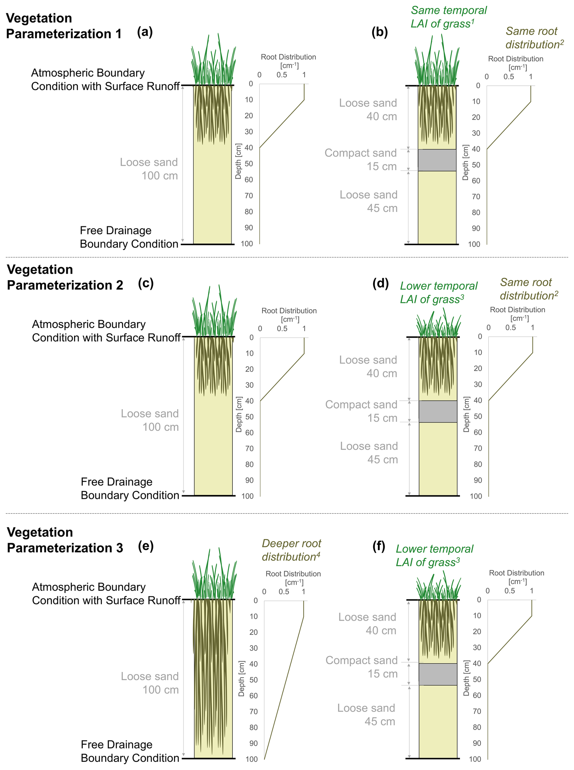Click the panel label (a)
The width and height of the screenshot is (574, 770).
tap(144, 32)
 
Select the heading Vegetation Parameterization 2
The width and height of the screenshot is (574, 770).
tap(65, 277)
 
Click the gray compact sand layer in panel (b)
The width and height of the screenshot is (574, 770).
tap(437, 160)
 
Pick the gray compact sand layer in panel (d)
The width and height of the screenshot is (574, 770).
tap(437, 411)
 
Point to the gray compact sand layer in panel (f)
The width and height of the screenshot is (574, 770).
tap(437, 674)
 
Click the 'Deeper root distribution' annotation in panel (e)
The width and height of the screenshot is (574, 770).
tap(291, 550)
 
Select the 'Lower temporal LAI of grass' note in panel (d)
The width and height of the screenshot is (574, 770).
tap(438, 292)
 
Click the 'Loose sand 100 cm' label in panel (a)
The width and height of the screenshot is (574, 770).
tap(149, 169)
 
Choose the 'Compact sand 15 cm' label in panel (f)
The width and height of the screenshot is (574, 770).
tap(361, 667)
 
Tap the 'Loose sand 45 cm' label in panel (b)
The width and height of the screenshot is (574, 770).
tap(369, 201)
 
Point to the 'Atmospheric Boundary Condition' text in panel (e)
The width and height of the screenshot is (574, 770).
tap(106, 593)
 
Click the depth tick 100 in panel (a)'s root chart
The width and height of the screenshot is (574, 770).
tap(247, 244)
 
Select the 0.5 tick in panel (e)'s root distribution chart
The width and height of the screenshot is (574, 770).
tap(284, 591)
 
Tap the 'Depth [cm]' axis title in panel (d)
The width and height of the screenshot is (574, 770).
tap(466, 414)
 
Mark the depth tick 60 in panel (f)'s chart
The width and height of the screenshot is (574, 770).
tap(477, 695)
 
